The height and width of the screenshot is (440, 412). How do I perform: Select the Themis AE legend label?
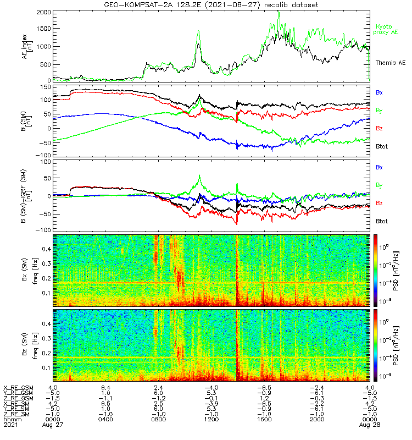(x=388, y=63)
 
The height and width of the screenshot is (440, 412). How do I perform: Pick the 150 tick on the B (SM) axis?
(x=46, y=87)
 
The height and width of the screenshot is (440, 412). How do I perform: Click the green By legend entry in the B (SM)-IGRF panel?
(x=380, y=185)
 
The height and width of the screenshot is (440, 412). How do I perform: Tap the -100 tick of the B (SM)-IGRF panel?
(x=44, y=230)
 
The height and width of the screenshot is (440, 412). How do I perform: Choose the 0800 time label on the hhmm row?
(x=158, y=419)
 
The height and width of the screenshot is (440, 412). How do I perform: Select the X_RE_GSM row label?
(x=18, y=387)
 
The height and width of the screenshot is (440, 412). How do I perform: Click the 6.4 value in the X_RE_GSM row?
(x=105, y=387)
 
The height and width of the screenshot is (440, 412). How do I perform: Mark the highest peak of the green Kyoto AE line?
(x=279, y=12)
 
